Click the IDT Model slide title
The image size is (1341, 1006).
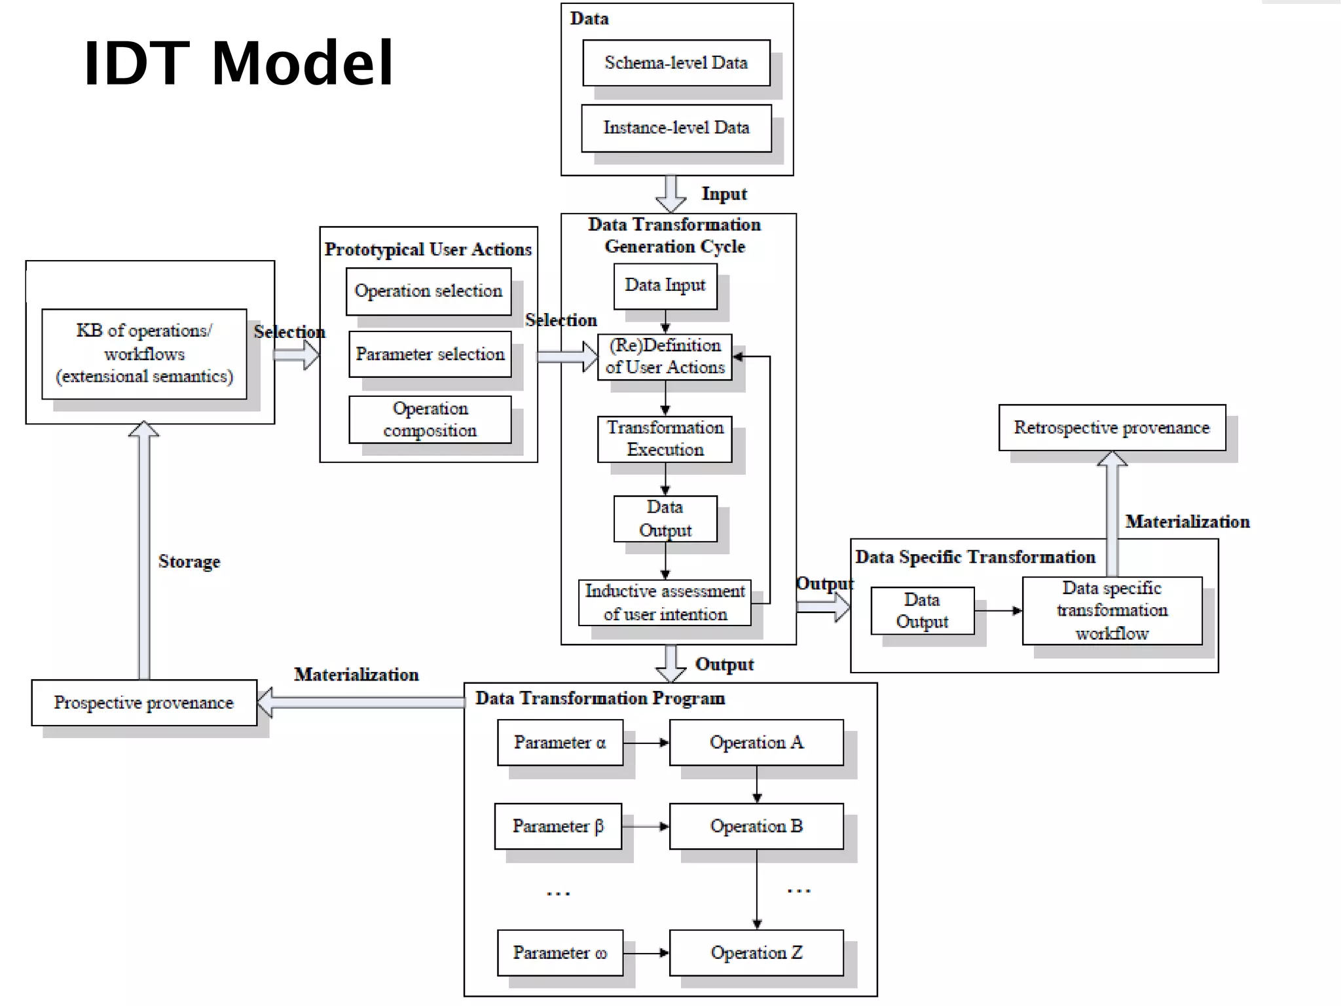238,64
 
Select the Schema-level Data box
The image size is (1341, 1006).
676,63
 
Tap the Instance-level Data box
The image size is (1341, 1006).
676,128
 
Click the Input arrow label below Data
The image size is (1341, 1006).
724,194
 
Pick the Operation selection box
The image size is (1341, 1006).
428,291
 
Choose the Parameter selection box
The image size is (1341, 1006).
430,354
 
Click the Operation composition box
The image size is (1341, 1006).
430,419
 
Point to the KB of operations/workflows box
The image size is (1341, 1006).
144,354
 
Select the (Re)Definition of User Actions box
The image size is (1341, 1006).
665,356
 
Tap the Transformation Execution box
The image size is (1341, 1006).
665,438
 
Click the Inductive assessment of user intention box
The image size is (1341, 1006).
665,602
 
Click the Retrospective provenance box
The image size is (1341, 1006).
1112,428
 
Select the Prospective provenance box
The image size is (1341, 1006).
144,703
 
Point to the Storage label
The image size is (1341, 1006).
189,562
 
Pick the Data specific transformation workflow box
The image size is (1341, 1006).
1112,610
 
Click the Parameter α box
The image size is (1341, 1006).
560,742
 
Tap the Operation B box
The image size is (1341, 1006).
756,826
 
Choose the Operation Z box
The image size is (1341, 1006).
756,952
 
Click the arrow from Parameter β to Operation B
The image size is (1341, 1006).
645,827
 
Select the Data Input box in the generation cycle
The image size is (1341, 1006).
665,286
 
